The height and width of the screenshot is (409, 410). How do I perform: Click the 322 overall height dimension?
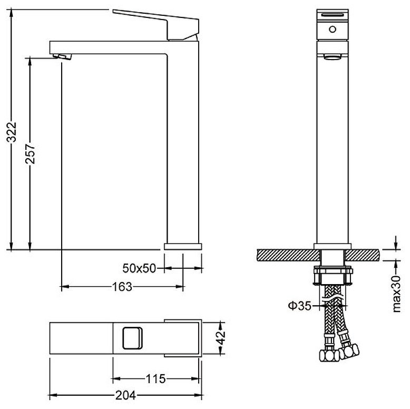pos(12,132)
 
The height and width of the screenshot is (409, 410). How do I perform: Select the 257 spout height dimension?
pos(31,154)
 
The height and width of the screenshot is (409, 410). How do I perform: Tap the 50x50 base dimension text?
pos(139,268)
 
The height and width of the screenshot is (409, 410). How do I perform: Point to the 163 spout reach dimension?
pos(122,287)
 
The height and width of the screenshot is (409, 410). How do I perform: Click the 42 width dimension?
pos(221,338)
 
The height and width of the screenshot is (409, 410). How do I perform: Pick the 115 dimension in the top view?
pos(155,378)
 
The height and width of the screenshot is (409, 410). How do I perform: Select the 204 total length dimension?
pos(126,395)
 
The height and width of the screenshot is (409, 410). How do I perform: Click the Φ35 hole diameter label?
pos(300,306)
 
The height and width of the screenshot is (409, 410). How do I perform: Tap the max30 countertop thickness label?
pos(397,294)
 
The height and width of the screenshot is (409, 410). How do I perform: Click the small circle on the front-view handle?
pos(333,30)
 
